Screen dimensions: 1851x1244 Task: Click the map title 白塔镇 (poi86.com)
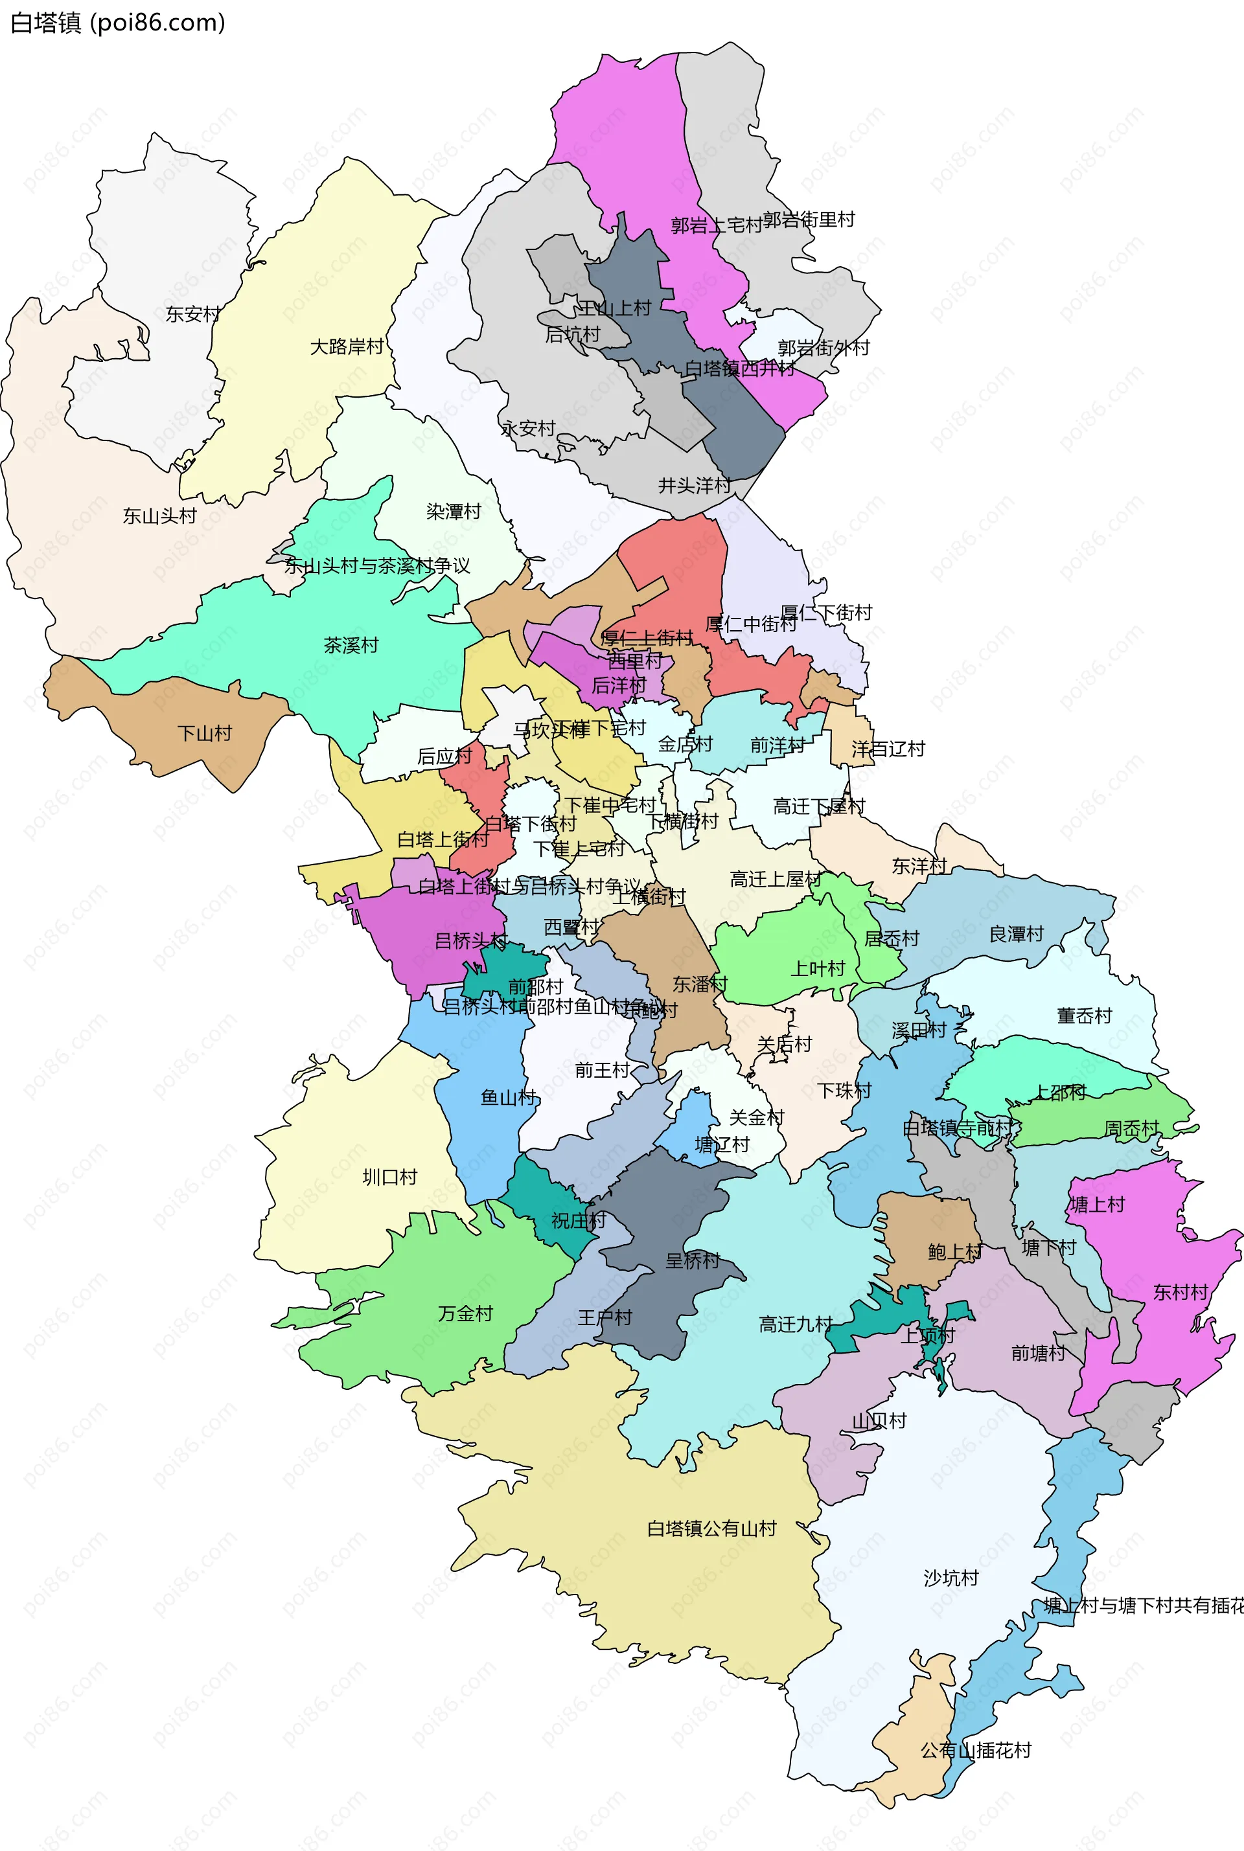click(117, 22)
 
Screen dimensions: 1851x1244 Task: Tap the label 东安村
click(193, 314)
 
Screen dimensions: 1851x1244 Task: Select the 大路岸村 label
click(347, 346)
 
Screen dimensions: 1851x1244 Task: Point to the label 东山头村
click(159, 516)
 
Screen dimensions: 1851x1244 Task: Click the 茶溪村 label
click(351, 646)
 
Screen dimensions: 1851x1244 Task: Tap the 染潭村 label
click(454, 512)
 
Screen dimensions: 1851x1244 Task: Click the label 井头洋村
click(694, 485)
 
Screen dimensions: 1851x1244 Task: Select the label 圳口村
click(389, 1177)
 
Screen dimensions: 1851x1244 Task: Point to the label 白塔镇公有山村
click(711, 1528)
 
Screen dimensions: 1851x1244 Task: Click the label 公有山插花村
click(976, 1750)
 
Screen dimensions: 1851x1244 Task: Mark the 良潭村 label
click(1017, 934)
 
